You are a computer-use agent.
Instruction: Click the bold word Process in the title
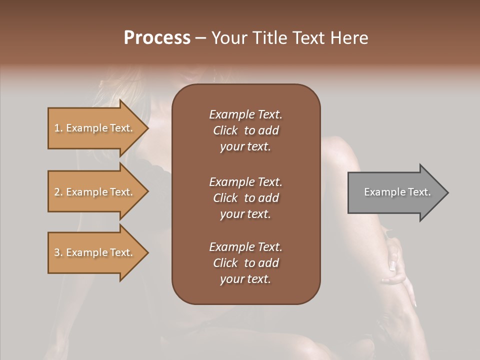tap(157, 38)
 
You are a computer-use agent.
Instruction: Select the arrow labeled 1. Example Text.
tap(95, 128)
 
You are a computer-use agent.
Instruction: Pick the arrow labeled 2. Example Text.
tap(95, 192)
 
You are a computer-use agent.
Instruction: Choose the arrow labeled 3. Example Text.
tap(95, 252)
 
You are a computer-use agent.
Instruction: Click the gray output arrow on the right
tap(395, 192)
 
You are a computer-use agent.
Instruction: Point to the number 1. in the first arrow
tap(58, 128)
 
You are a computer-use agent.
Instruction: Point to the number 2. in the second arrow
tap(58, 192)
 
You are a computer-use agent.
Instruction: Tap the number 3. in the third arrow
tap(58, 252)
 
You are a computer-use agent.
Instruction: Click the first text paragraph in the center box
tap(245, 130)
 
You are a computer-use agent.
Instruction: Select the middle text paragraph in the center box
tap(245, 197)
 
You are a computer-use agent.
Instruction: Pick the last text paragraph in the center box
tap(245, 263)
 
